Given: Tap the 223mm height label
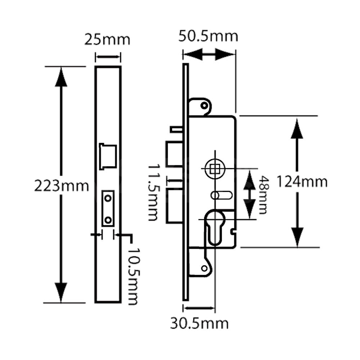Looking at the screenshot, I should (62, 186).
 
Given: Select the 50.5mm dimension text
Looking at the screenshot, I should (209, 36).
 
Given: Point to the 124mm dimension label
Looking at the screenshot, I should (302, 182).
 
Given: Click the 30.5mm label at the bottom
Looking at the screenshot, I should (199, 323).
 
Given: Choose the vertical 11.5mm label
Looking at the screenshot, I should (153, 193).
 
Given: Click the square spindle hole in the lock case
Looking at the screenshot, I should (215, 168).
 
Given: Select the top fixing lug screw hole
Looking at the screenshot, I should (204, 105).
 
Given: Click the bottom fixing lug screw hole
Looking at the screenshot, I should (204, 269).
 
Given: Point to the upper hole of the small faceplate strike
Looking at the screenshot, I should (108, 197).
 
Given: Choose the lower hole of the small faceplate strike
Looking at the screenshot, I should (108, 219).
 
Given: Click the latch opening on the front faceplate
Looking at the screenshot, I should (108, 156).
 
